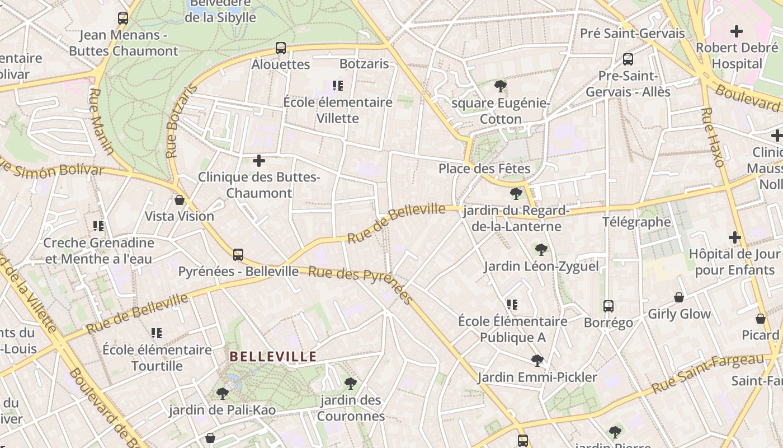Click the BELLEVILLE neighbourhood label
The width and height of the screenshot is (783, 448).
coord(273,357)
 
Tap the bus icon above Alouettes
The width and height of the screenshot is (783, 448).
coord(281,48)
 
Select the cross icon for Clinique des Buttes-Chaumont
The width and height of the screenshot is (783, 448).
coord(259,161)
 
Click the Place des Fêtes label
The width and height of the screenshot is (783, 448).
coord(484,169)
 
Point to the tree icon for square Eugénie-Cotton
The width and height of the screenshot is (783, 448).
coord(501,86)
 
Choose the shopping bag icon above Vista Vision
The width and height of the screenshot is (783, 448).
coord(180,200)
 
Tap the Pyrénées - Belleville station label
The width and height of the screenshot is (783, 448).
coord(238,272)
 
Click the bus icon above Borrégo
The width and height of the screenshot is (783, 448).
coord(609,306)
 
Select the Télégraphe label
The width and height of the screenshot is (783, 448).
coord(636,222)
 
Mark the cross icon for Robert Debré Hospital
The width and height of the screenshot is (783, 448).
coord(737,31)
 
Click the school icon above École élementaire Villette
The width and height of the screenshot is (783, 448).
coord(337,86)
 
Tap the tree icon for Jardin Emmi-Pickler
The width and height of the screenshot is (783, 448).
coord(537,361)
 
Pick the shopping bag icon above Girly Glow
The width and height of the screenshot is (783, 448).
coord(679,297)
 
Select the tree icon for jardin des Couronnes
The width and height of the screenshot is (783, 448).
coord(351,384)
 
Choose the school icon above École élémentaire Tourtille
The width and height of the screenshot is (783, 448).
coord(157,333)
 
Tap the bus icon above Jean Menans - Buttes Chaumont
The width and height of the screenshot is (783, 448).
coord(123,18)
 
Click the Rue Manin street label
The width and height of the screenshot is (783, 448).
coord(101,121)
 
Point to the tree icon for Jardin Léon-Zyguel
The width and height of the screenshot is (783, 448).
coord(541,249)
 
